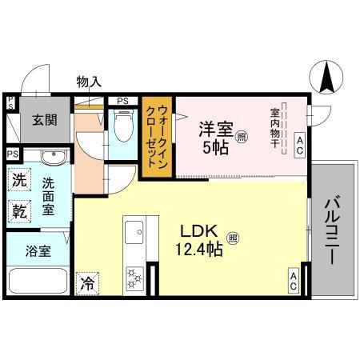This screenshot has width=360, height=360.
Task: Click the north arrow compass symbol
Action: point(327,78)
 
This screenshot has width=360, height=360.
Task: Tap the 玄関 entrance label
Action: point(45,121)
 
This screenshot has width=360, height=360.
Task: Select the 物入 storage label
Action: point(89,82)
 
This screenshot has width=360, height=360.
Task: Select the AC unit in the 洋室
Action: point(299,144)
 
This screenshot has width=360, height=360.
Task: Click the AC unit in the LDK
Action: point(294,281)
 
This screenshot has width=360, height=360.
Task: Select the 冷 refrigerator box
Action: point(86,282)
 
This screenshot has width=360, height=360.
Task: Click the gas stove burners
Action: point(133,278)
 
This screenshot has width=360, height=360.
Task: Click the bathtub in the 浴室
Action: point(37,282)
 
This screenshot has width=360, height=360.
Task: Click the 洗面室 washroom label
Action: point(49,195)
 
